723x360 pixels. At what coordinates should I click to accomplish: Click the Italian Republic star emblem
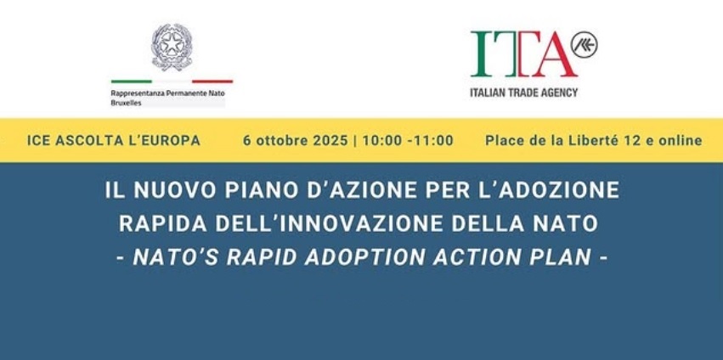(172, 48)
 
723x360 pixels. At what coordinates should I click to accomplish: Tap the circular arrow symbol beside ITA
(585, 45)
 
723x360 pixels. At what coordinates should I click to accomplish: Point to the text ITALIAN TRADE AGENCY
(524, 93)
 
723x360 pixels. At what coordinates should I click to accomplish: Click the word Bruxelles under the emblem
(126, 104)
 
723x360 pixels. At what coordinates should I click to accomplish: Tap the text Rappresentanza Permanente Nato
(168, 93)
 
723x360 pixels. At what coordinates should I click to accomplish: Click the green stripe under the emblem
(132, 82)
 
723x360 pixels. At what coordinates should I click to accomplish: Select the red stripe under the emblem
(212, 82)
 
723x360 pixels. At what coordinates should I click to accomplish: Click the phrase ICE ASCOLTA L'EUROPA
(114, 141)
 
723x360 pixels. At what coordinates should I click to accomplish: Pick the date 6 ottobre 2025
(296, 141)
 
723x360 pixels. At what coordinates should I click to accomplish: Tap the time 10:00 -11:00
(408, 141)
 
